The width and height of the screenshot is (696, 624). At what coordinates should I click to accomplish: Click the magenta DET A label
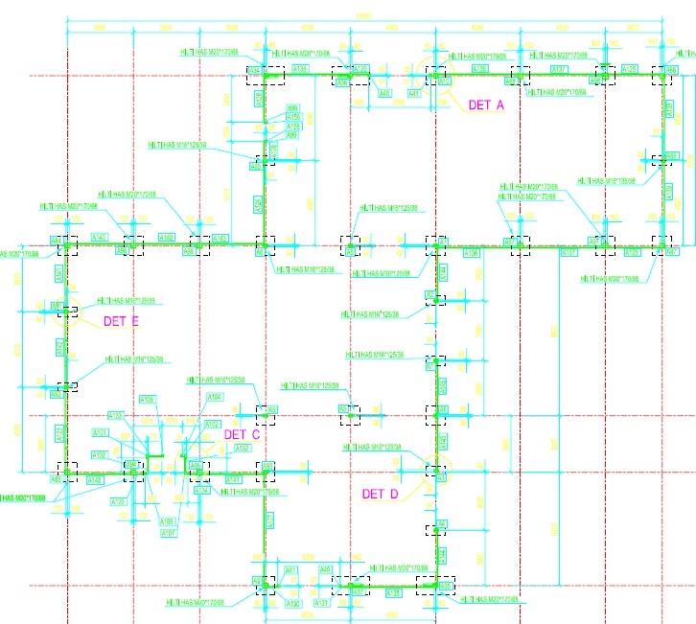(x=485, y=104)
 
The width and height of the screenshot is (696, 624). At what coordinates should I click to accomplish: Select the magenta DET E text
(x=122, y=321)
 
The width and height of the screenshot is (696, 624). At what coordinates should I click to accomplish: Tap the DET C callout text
(x=242, y=434)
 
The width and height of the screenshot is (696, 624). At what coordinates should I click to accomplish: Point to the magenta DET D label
(x=380, y=495)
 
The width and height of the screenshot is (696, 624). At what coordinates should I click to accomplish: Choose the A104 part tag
(x=215, y=397)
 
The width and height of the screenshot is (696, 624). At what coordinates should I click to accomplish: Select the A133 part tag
(x=116, y=415)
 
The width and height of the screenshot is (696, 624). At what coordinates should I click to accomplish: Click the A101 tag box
(x=100, y=433)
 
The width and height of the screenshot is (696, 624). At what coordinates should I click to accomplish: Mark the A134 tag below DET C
(x=201, y=491)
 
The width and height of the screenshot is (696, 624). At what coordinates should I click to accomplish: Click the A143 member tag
(x=220, y=238)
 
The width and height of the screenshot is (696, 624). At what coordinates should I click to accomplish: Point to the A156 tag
(x=293, y=117)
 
